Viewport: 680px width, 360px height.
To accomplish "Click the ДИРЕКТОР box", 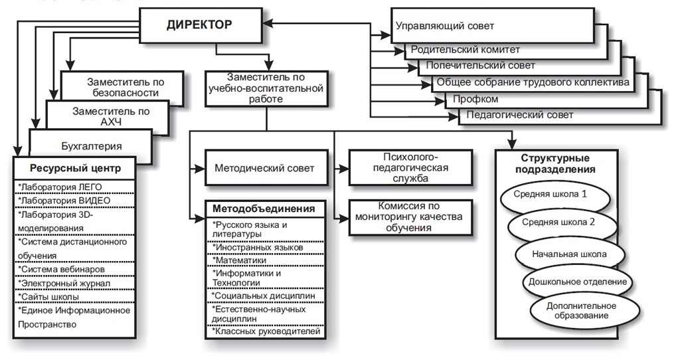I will tap(199, 25).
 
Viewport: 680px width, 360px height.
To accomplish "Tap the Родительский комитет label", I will tap(465, 50).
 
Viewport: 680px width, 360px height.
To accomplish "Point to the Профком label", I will tap(475, 100).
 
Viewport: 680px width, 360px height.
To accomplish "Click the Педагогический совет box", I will tap(520, 114).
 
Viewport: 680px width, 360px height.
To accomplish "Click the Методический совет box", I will tap(264, 168).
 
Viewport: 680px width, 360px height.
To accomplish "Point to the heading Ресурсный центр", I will tap(74, 167).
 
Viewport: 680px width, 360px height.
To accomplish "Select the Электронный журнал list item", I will tap(64, 283).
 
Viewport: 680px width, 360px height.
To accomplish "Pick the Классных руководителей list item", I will tap(266, 331).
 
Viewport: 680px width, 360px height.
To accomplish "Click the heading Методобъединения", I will tap(264, 209).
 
